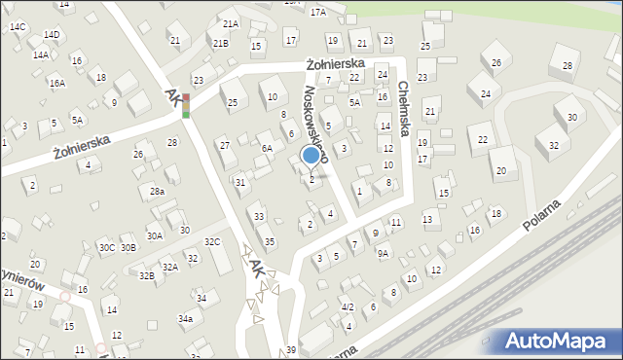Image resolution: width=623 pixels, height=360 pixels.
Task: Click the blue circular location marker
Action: point(311,155)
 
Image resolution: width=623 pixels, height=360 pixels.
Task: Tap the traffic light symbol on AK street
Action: point(186,106)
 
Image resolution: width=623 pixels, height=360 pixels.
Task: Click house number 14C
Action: point(18,27)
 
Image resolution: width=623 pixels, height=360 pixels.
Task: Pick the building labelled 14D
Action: point(52,35)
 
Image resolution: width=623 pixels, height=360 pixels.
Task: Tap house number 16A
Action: point(57,84)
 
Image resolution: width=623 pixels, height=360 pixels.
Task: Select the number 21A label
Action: point(230,23)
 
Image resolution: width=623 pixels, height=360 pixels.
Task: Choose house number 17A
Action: point(318,12)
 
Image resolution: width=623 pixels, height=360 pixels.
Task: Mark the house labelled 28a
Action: point(156,193)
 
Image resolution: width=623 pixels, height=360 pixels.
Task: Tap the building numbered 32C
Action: point(212,241)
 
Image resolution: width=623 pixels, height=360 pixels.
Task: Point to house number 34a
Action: point(185,318)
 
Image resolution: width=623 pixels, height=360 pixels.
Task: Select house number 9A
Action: point(384,253)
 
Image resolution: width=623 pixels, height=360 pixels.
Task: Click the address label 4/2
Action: point(347,306)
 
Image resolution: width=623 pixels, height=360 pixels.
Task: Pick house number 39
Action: point(290,350)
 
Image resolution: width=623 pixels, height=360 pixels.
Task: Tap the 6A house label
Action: point(266,149)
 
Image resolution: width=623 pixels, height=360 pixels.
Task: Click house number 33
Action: point(258,216)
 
